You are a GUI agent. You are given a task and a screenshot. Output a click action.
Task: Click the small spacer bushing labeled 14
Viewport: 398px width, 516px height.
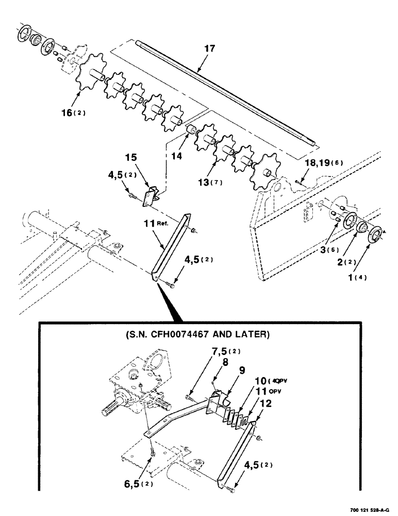pos(189,128)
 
